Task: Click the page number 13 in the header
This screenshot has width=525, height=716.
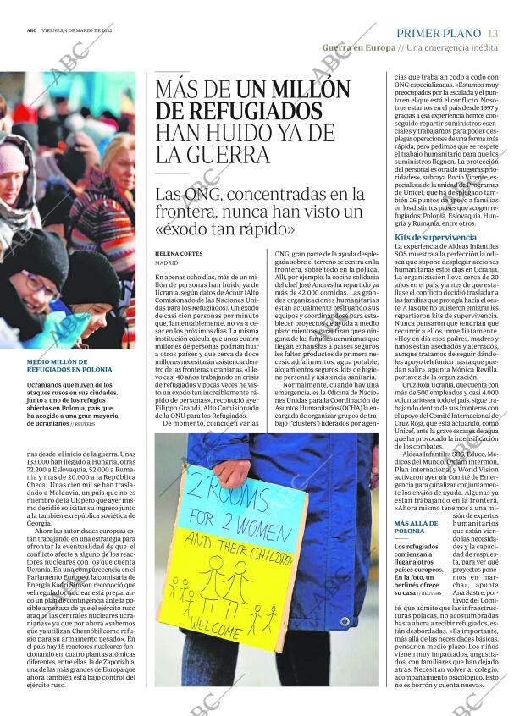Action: click(x=493, y=32)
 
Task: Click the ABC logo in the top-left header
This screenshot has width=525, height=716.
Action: click(x=30, y=30)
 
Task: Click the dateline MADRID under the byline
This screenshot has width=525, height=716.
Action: click(x=167, y=263)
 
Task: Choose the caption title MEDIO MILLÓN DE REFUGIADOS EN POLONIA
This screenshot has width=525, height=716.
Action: click(x=69, y=366)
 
